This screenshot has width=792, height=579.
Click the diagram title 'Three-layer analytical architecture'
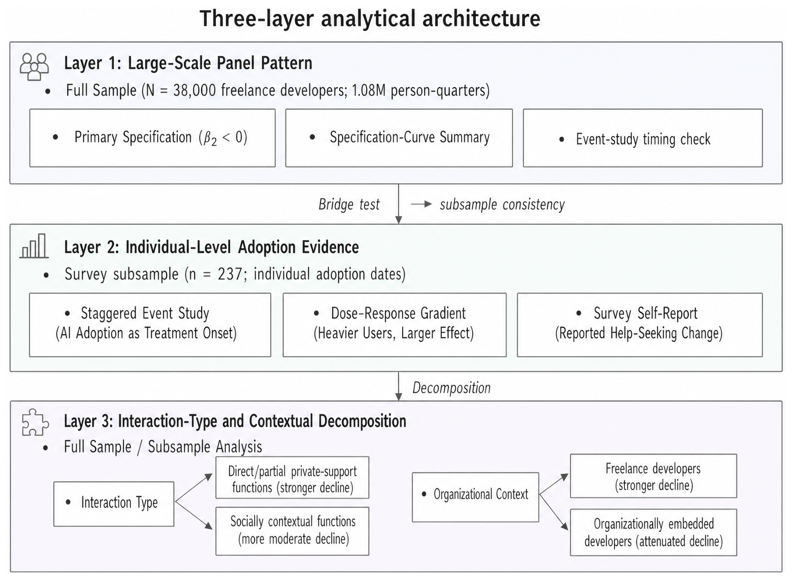tap(370, 19)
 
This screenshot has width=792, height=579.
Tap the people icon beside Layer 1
tap(34, 66)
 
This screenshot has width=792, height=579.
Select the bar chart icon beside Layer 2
tap(34, 246)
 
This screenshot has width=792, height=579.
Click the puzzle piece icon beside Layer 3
tap(35, 422)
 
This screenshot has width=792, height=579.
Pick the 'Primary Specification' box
tap(152, 138)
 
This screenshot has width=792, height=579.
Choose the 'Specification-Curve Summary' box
tap(399, 138)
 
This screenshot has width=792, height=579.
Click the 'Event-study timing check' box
tap(643, 138)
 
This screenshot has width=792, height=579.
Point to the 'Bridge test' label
tap(349, 204)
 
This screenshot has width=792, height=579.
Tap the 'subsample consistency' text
tap(502, 204)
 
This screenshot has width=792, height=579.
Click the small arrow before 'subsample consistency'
tap(422, 204)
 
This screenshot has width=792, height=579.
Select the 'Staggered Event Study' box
tap(150, 325)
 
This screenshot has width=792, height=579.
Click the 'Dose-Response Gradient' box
tap(395, 325)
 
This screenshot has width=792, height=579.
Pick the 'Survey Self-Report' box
tap(640, 325)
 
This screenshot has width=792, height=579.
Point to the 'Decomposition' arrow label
tap(451, 388)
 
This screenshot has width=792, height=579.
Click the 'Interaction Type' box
tap(114, 504)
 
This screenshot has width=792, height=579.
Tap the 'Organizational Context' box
tap(475, 497)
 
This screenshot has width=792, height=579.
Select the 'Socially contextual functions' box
tap(292, 531)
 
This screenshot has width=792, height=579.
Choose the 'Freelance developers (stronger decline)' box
tap(653, 476)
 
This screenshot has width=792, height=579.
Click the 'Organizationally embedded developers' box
tap(653, 533)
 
